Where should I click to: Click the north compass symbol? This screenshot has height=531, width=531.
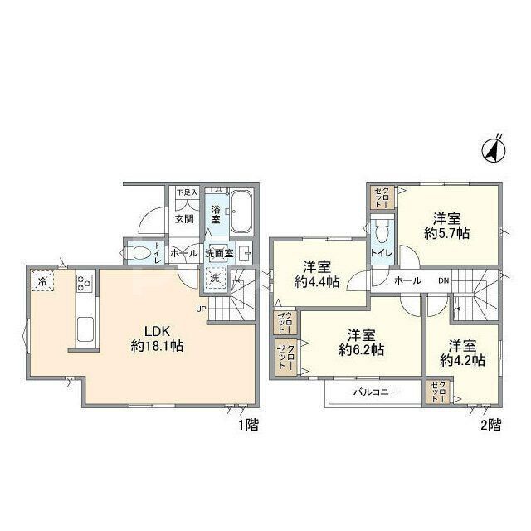495,149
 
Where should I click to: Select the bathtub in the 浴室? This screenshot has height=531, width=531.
241,212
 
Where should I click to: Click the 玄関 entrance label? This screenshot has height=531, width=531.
183,219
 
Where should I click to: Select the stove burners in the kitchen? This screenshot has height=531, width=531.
84,284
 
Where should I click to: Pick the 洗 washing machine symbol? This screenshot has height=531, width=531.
215,279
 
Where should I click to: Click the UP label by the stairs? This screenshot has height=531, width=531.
200,309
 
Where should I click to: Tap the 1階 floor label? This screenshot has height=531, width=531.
247,426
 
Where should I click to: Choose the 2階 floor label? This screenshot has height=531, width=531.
489,426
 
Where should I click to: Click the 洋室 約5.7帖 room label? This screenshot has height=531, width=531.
447,226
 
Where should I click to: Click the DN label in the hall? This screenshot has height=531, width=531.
444,280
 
